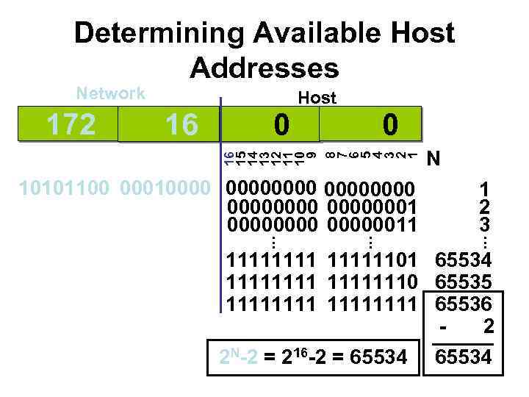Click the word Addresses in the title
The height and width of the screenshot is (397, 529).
pyautogui.click(x=264, y=68)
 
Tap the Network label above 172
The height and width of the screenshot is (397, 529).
pyautogui.click(x=111, y=93)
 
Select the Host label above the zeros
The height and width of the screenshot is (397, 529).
pyautogui.click(x=317, y=98)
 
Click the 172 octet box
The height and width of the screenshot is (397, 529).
pyautogui.click(x=70, y=124)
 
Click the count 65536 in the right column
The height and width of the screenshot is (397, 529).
pyautogui.click(x=465, y=302)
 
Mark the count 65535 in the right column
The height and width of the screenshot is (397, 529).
pyautogui.click(x=465, y=281)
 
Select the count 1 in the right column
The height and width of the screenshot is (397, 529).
pyautogui.click(x=484, y=189)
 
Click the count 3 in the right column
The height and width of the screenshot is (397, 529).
pyautogui.click(x=484, y=223)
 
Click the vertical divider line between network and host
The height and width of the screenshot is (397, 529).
pyautogui.click(x=221, y=206)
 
